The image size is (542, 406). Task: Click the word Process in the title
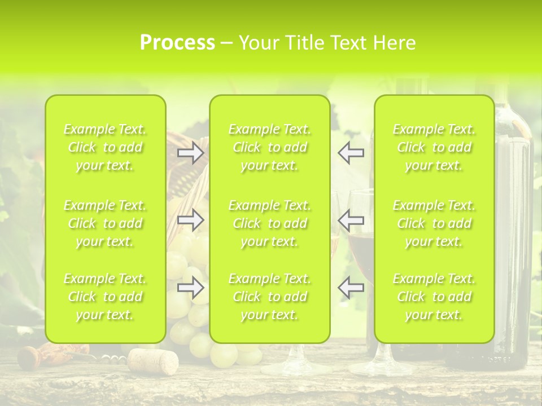coord(177,43)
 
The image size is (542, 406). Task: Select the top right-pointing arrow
coord(190,153)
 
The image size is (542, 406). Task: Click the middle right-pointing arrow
coord(190,220)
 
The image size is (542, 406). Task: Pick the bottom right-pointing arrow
coord(190,288)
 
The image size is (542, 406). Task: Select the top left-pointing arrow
coord(351,153)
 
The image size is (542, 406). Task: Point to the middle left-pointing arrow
coord(351,220)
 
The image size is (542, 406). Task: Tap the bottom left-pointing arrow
coord(351,288)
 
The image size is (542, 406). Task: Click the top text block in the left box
coord(105,147)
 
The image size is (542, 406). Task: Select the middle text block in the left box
coord(105,223)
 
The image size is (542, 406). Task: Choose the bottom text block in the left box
coord(105,297)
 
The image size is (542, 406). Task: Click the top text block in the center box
coord(270,147)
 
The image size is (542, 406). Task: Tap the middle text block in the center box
coord(270,223)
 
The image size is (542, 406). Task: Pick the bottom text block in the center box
coord(270,297)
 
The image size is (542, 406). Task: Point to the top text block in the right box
coord(434,147)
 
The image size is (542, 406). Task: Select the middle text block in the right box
coord(434,223)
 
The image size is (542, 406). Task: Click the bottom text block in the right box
coord(434,297)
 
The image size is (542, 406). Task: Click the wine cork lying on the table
coord(153,361)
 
